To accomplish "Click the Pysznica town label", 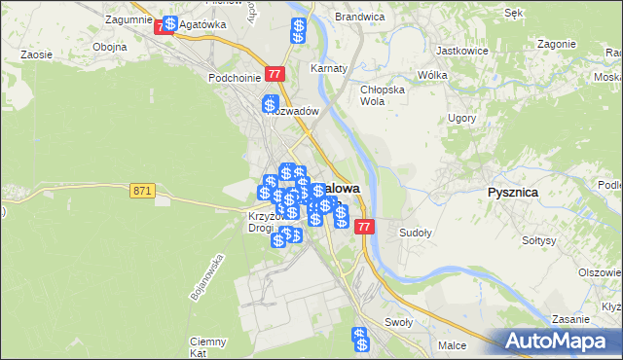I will (x=513, y=193).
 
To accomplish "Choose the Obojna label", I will (x=109, y=47).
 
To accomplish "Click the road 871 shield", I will (x=142, y=191).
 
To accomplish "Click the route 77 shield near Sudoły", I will (x=364, y=227).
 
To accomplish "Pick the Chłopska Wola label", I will (x=381, y=95).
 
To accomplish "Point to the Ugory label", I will (x=461, y=118).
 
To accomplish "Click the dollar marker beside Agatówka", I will (x=170, y=23).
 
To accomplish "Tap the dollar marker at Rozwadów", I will (x=270, y=104).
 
